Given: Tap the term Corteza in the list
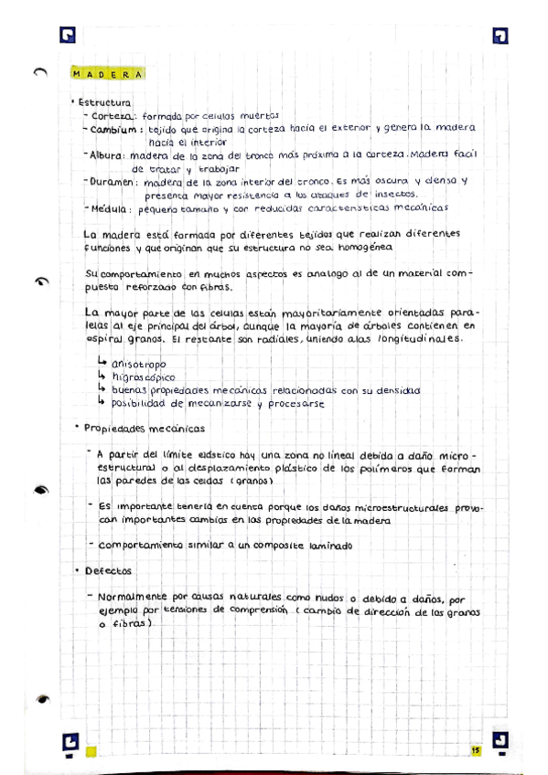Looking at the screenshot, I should pos(113,116).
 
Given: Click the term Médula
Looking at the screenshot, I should pos(113,208).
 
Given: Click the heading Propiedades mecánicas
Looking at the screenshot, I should pos(145,428).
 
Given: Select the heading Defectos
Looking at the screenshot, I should pos(108,571).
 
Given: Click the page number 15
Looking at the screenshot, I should pos(476,750).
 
